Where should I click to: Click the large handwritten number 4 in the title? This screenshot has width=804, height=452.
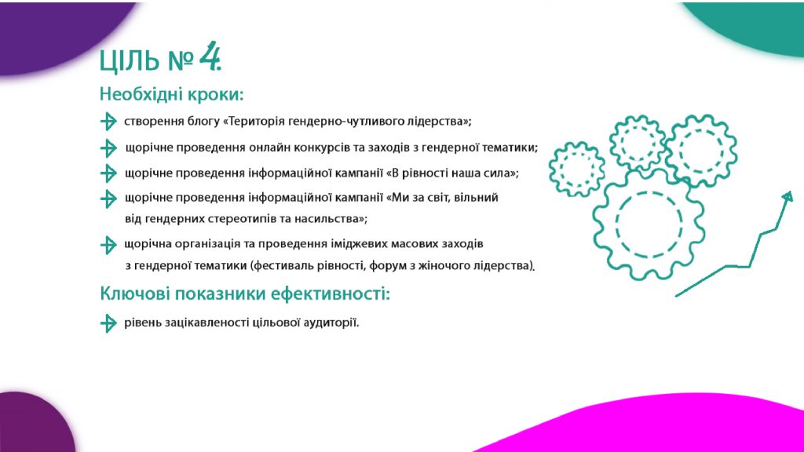[x=210, y=56]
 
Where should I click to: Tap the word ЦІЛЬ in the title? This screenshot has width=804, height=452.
[x=130, y=60]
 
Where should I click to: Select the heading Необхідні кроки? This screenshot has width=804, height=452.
[x=171, y=94]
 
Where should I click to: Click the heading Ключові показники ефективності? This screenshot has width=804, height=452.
[x=245, y=293]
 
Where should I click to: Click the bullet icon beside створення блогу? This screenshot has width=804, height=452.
[x=108, y=122]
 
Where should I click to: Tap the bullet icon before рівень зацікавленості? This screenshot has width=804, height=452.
[x=108, y=323]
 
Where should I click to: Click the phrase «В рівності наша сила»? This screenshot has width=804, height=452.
[x=451, y=173]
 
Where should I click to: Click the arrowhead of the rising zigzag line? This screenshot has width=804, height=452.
[x=788, y=197]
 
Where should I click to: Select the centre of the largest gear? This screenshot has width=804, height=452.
[x=649, y=224]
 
